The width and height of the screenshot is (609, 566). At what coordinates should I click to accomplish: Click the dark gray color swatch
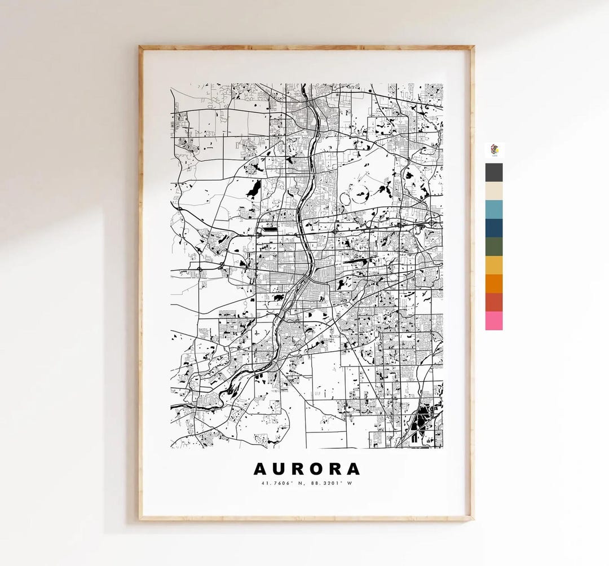493,173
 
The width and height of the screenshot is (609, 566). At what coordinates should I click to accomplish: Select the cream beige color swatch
493,191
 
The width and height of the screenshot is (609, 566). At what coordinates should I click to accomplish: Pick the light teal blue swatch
493,210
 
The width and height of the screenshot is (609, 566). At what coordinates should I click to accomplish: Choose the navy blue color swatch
493,228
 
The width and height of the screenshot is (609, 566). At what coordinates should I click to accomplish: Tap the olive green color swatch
493,247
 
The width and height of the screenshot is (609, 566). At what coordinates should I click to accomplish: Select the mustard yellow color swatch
493,266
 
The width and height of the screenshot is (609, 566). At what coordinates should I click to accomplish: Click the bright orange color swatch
493,284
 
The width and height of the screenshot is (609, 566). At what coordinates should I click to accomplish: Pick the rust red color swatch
493,302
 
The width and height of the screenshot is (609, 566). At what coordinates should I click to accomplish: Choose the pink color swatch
493,321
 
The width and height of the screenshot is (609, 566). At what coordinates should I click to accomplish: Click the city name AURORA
306,469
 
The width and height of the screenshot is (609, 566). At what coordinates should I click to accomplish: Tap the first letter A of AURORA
260,469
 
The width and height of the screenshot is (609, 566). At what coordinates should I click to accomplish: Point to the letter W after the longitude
350,483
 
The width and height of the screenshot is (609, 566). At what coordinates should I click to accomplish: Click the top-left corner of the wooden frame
141,48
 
